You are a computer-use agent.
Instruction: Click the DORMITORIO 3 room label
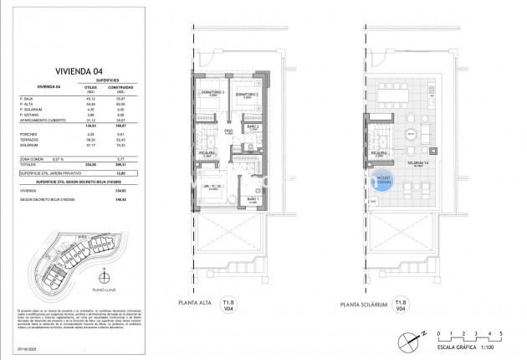[215, 94]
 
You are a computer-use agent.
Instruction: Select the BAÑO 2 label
[252, 127]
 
